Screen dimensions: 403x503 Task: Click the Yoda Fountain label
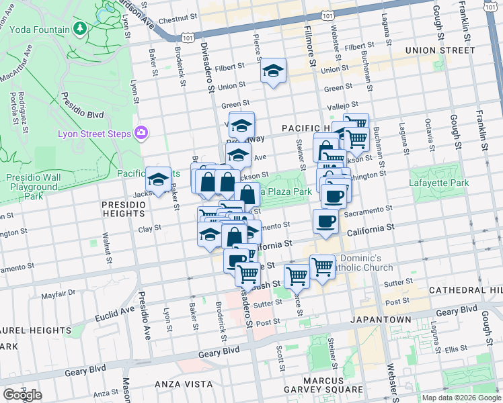click(x=39, y=30)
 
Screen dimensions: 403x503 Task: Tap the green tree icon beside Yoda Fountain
click(x=81, y=28)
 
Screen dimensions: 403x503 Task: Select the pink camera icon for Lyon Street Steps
click(x=141, y=132)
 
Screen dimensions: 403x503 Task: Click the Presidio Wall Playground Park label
click(x=33, y=187)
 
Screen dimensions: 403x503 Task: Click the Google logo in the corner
click(x=22, y=395)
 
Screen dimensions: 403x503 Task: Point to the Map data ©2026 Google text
click(x=461, y=398)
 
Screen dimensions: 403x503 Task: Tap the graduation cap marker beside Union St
click(x=273, y=71)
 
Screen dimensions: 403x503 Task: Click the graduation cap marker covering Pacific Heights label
click(x=159, y=180)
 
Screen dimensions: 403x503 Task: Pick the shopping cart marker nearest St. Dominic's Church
click(x=322, y=267)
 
